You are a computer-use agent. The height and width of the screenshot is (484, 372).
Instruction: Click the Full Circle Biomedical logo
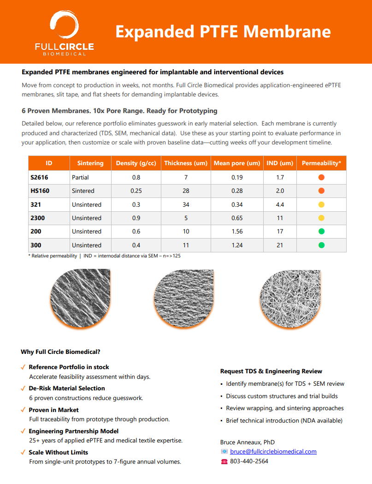tap(65, 33)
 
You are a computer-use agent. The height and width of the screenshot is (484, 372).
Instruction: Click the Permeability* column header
tap(321, 163)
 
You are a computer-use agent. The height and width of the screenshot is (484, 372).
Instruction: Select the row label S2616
tap(39, 177)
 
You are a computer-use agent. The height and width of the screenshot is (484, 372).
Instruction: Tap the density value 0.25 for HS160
tap(136, 191)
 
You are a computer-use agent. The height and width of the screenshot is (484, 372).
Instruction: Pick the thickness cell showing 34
tap(186, 204)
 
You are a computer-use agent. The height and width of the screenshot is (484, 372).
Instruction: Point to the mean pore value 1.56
tap(237, 231)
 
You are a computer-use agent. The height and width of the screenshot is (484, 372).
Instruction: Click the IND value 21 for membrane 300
tap(280, 245)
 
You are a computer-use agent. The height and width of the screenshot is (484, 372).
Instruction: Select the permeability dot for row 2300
tap(321, 218)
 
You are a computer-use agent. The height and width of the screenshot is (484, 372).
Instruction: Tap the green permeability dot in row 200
tap(321, 231)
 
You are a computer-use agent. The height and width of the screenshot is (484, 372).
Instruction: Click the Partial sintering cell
tap(80, 177)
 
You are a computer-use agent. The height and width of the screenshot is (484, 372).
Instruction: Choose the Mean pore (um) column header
tap(237, 163)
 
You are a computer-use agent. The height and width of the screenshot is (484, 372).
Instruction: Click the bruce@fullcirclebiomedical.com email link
tap(273, 451)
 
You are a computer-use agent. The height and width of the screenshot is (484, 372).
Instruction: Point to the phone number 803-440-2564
tap(249, 461)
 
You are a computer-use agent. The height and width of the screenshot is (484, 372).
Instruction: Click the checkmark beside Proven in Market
tap(23, 410)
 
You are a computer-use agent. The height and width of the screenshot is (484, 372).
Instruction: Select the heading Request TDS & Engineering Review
tap(271, 371)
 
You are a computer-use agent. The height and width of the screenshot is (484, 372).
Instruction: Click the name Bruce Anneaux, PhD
tap(247, 442)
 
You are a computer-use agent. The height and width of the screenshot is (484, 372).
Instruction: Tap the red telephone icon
tap(224, 461)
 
